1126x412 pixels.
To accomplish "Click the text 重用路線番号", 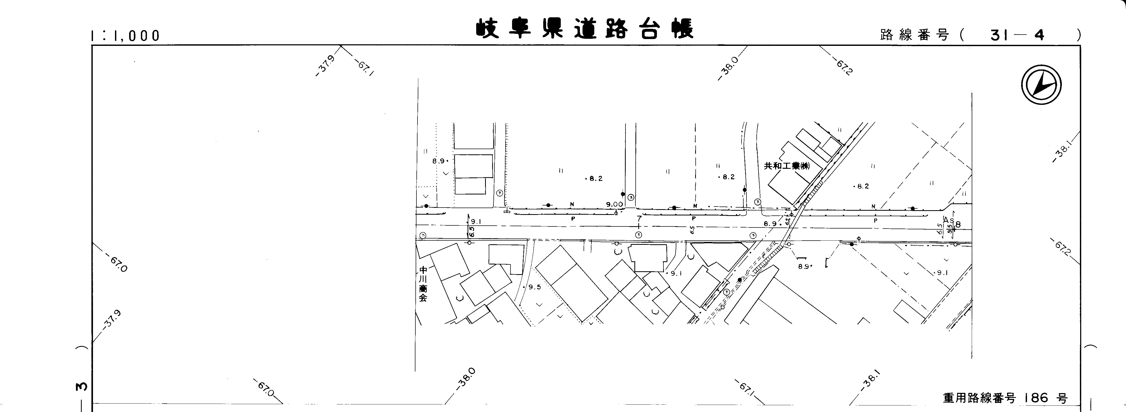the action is click(977, 398).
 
